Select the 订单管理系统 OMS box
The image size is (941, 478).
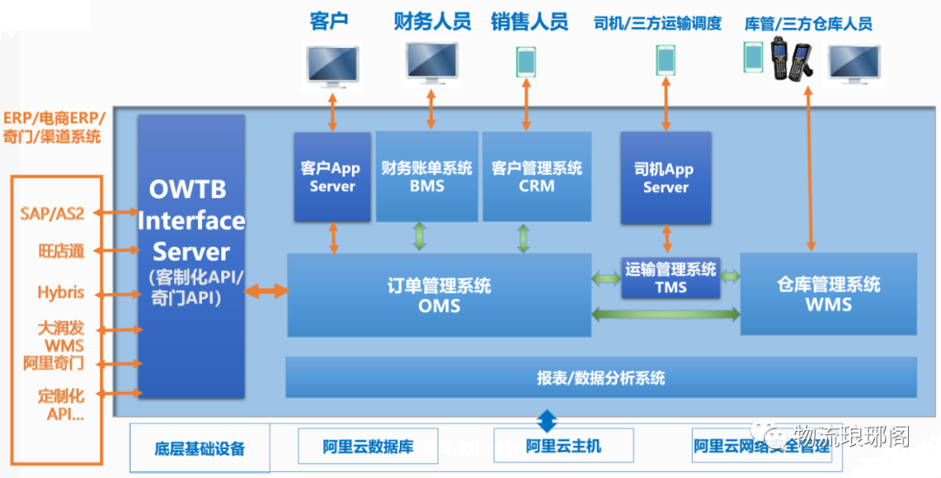(438, 295)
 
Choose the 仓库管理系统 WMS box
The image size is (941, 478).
(828, 294)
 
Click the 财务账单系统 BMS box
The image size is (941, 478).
(427, 176)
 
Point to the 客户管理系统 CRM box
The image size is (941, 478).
(536, 176)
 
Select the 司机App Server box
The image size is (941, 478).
(666, 178)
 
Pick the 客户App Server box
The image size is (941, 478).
(333, 178)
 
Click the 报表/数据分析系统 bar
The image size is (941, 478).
(601, 378)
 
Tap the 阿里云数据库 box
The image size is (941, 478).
(355, 447)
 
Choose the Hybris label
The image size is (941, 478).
(61, 292)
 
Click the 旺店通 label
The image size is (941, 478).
(61, 251)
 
